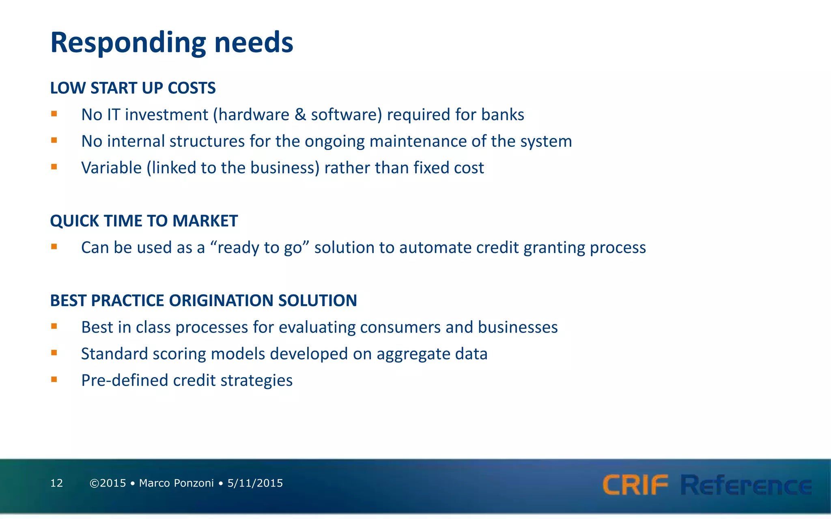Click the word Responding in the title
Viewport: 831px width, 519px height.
(x=128, y=43)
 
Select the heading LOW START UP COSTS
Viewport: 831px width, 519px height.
(x=133, y=88)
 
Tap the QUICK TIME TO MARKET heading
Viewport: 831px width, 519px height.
(x=144, y=221)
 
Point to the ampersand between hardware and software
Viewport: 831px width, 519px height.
(x=300, y=115)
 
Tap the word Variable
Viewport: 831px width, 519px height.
(x=111, y=168)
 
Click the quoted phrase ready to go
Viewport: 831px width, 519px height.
(x=260, y=247)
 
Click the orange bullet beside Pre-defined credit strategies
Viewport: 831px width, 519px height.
(x=54, y=380)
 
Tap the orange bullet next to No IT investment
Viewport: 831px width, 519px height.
(x=54, y=114)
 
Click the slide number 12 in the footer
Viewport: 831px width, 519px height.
(x=56, y=483)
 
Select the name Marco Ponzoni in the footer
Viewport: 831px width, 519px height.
(x=176, y=483)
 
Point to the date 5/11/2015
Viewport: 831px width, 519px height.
(x=255, y=483)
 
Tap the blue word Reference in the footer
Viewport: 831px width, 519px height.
(x=746, y=485)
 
